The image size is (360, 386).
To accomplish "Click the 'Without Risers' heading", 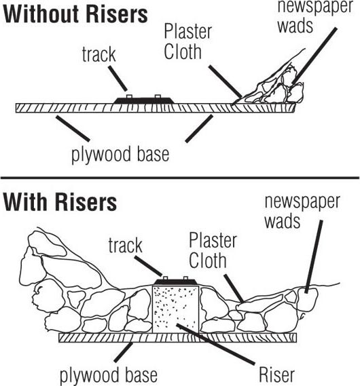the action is tap(75, 14).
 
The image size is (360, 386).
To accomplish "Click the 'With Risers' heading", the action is tap(60, 202).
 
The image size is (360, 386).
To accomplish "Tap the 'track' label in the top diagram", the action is tap(98, 54).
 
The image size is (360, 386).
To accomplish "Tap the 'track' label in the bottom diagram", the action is tap(126, 245).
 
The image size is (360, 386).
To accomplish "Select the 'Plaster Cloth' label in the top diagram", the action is tap(187, 41).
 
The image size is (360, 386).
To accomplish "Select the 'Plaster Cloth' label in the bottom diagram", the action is tap(213, 250).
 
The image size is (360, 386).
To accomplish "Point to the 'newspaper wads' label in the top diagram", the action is tap(315, 16).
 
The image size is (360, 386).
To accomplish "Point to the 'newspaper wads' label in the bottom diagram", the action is tap(302, 212).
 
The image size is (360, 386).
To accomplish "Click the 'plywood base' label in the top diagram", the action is tap(120, 155).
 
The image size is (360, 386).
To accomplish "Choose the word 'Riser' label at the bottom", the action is tap(276, 375).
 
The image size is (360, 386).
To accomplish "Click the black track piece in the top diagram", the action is tap(145, 100).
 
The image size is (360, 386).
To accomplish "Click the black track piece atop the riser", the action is tap(176, 282).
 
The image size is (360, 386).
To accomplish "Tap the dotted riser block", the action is tap(176, 309).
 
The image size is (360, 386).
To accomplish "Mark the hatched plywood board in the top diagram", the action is tap(156, 108).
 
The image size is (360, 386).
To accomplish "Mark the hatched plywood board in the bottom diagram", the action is tap(178, 338).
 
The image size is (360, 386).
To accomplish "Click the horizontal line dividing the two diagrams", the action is tap(180, 178).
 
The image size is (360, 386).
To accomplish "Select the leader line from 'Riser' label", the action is tap(215, 344).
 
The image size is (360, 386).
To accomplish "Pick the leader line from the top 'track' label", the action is tap(118, 78).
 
